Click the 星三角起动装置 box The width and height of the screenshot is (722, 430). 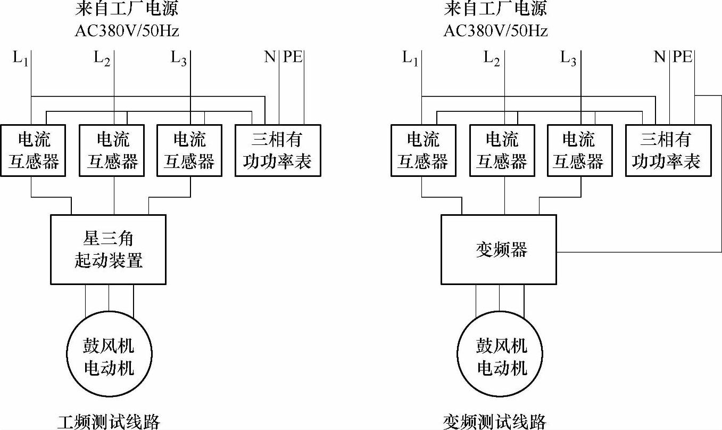(108, 249)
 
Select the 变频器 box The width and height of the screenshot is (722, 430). (499, 249)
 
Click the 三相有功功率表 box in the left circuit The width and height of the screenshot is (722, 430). (278, 150)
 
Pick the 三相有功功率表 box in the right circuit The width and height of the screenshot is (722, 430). (668, 150)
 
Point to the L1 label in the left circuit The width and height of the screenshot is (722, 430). (20, 58)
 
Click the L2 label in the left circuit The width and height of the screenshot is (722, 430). (102, 58)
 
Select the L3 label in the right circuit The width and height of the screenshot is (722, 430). (568, 58)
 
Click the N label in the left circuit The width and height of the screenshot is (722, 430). (270, 56)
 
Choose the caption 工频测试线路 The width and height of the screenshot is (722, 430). (109, 422)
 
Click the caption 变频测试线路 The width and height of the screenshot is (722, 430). (495, 422)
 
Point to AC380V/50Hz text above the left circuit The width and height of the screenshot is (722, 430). (127, 31)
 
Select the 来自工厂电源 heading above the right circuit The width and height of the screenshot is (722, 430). (495, 9)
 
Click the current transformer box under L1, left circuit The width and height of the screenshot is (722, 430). (33, 150)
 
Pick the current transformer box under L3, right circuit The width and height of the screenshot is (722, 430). (579, 150)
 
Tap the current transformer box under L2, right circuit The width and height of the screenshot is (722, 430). (501, 150)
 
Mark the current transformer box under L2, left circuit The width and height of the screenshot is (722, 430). (112, 150)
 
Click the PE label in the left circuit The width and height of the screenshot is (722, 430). (293, 56)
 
